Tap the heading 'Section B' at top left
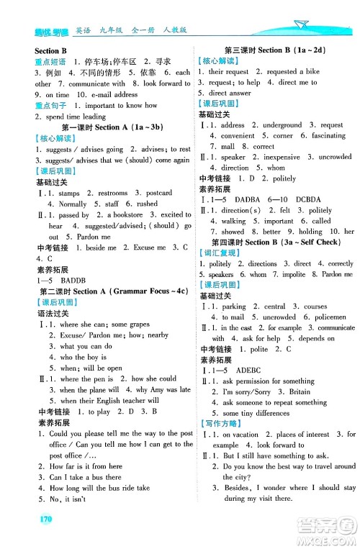pos(50,52)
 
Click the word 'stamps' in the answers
pos(69,194)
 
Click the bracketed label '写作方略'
pos(222,424)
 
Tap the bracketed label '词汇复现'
pos(222,253)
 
